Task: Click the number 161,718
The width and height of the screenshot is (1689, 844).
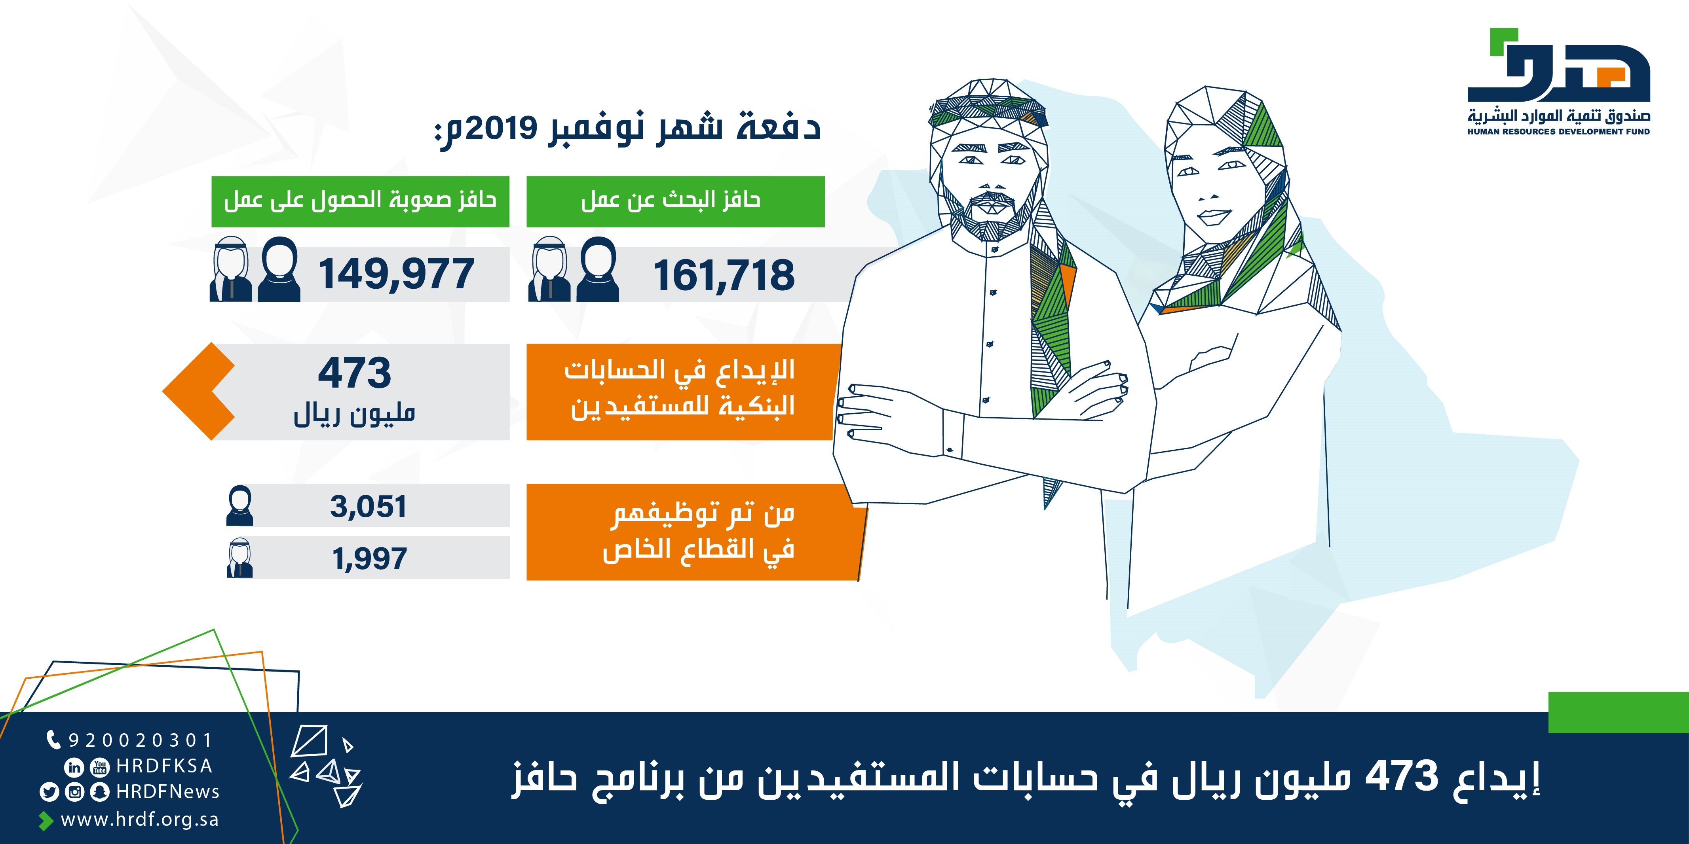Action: click(724, 275)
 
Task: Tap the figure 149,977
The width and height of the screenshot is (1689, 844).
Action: click(396, 274)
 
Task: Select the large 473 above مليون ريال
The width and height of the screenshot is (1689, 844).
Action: click(355, 373)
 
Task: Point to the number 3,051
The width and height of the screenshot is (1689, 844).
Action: click(369, 507)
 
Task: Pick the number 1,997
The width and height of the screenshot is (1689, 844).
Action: click(369, 558)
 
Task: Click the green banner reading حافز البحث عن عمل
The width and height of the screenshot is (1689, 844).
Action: click(675, 201)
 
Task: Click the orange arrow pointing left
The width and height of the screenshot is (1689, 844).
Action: click(199, 391)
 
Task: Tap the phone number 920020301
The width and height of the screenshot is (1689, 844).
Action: click(140, 740)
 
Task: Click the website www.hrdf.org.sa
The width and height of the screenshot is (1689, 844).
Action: click(140, 820)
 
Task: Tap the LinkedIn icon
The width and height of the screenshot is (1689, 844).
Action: click(74, 766)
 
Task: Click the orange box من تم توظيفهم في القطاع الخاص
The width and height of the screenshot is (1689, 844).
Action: click(695, 532)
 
